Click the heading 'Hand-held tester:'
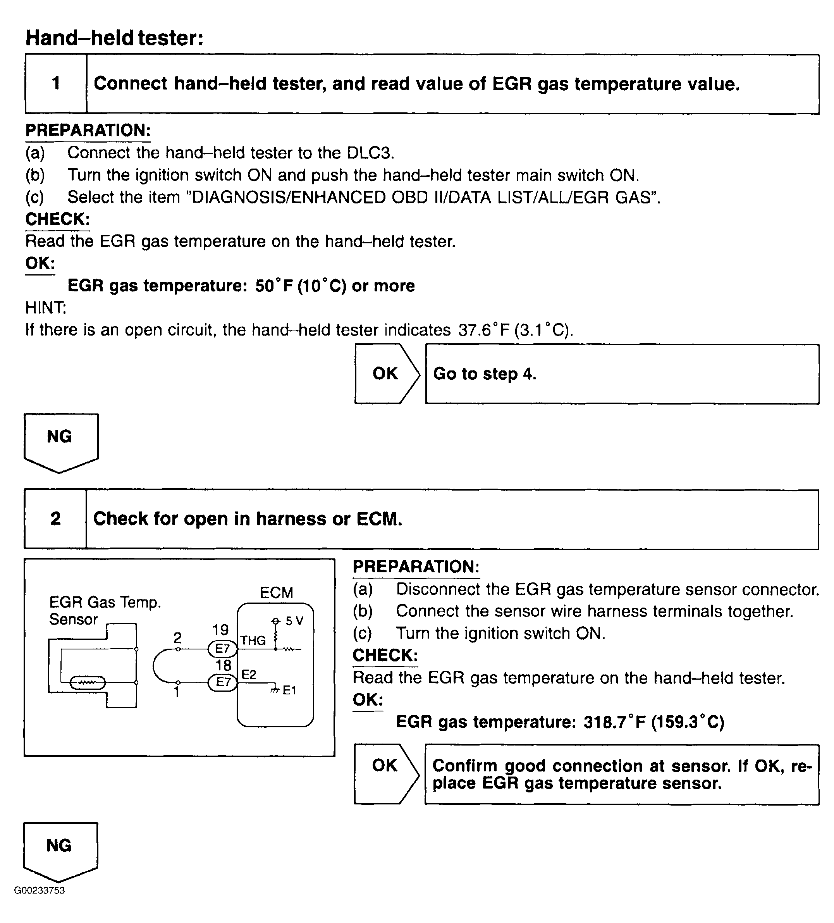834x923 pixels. point(114,38)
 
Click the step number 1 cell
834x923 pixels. point(56,84)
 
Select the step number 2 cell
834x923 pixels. point(55,519)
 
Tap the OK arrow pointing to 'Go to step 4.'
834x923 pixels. point(386,374)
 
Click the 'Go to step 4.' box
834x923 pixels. point(622,374)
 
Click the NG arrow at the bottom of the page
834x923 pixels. point(60,850)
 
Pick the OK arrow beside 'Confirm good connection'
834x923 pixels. point(385,774)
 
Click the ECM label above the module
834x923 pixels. point(276,593)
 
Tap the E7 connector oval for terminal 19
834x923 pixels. point(222,649)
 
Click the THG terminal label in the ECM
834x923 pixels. point(253,641)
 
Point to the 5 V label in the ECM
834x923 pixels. point(294,621)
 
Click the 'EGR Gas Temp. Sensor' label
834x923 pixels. point(105,610)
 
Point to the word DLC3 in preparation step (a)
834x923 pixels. point(370,153)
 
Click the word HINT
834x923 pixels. point(45,308)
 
